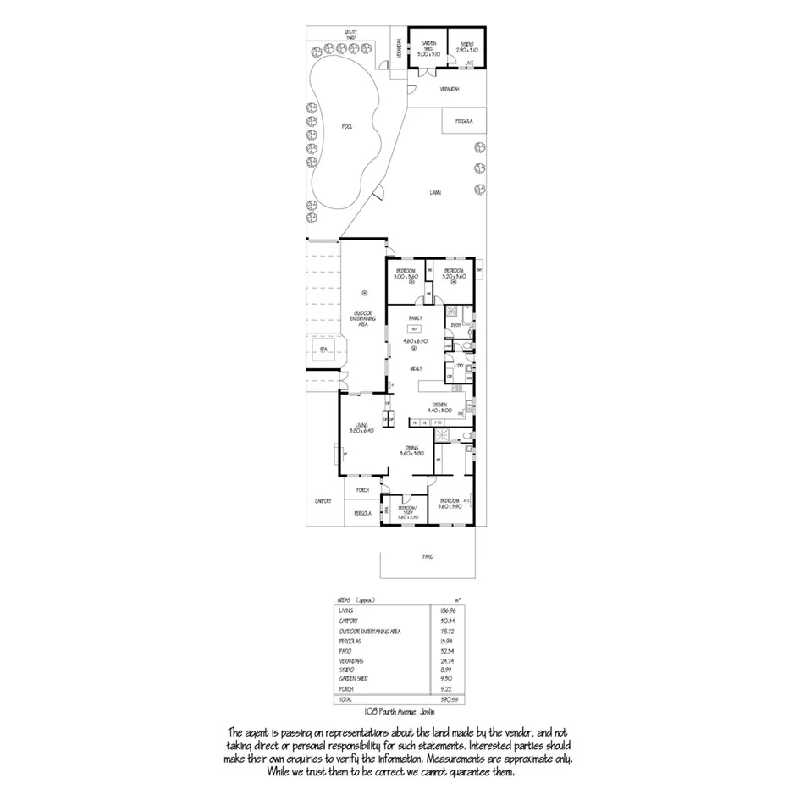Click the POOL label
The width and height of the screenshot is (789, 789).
point(347,126)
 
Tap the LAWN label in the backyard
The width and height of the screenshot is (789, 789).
point(434,193)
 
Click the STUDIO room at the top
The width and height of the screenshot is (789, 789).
point(466,47)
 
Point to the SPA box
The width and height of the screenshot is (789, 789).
point(323,350)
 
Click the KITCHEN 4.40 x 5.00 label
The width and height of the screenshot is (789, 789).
point(440,407)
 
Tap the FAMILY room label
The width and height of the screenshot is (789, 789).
point(415,317)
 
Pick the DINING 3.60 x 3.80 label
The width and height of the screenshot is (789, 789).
point(413,451)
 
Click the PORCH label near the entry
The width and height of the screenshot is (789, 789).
point(362,490)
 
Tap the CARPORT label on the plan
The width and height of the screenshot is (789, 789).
point(323,501)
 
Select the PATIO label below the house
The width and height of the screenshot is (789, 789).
point(428,556)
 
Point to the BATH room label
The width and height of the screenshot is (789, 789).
point(455,325)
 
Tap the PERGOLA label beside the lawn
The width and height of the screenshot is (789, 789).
point(463,121)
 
